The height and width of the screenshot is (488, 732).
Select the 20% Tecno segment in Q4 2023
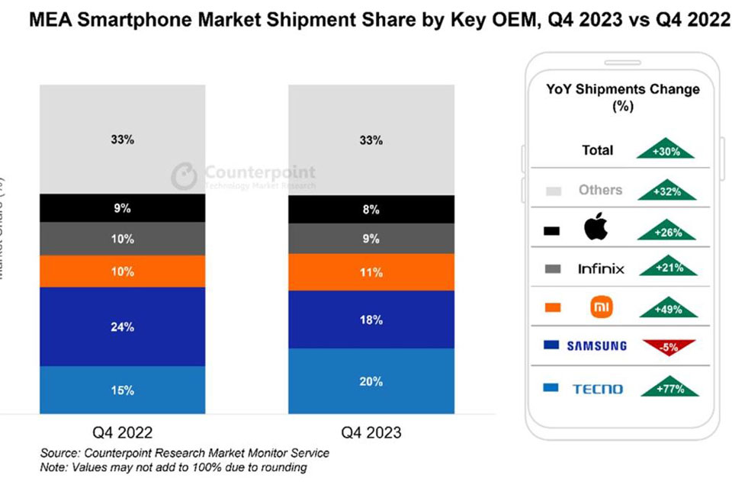tap(371, 381)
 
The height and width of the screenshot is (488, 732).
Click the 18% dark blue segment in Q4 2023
tap(371, 319)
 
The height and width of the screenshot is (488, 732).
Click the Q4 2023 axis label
tap(371, 432)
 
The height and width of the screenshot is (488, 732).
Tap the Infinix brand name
tap(601, 268)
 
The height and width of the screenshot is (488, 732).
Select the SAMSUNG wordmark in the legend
tap(597, 346)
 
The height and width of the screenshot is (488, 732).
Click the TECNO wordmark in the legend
tap(597, 389)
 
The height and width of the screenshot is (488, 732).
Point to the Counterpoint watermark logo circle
tap(184, 176)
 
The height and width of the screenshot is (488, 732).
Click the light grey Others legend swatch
tap(554, 191)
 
